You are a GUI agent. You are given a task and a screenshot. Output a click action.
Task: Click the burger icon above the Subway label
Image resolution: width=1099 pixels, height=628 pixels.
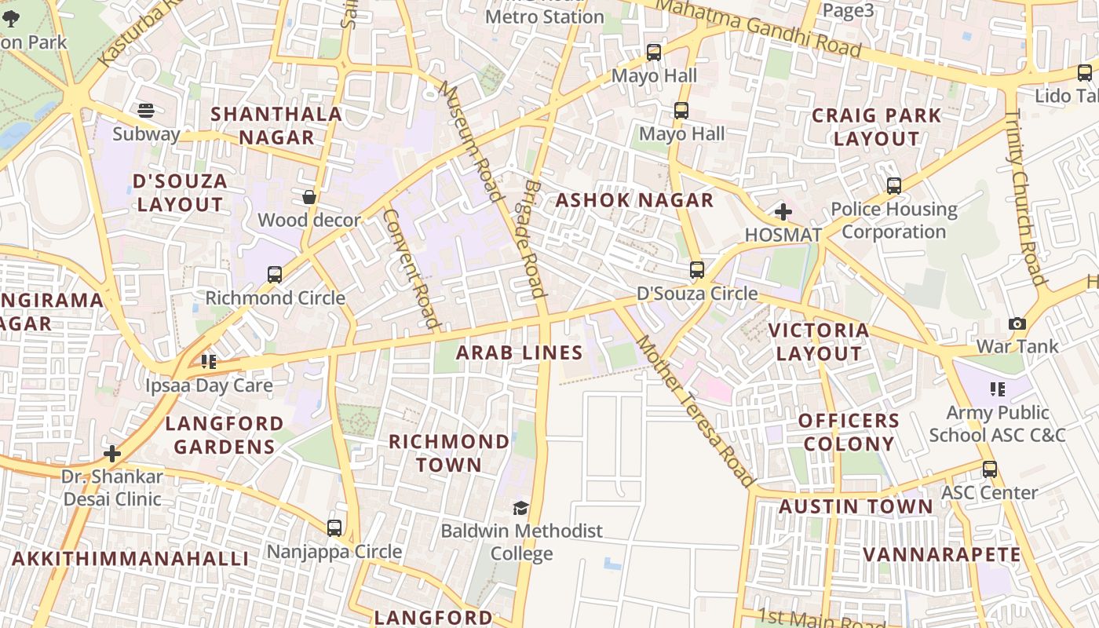coord(146,110)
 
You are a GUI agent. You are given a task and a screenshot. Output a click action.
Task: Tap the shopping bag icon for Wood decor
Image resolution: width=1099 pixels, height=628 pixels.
coord(309,196)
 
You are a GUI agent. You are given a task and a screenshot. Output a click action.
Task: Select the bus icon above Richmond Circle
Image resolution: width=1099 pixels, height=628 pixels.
coord(275,274)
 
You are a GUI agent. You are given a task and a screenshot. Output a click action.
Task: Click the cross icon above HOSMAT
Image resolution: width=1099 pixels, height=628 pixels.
coord(783,211)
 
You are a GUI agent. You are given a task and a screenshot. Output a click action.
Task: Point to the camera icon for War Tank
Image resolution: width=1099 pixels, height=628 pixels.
coord(1017,323)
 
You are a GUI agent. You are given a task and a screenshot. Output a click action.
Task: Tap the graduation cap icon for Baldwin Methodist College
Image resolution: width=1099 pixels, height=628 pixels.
coord(520,508)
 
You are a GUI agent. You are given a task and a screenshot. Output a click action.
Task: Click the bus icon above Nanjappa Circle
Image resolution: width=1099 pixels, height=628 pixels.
coord(334,528)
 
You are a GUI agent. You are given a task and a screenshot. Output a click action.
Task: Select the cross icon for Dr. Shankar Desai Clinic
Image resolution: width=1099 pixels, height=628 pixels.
coord(112,454)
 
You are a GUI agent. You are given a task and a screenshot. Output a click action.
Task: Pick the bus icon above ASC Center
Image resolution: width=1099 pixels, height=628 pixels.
coord(990,469)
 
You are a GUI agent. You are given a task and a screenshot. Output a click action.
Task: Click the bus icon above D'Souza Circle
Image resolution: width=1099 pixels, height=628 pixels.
coord(696,270)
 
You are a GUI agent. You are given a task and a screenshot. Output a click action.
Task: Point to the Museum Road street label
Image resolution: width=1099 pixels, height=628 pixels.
coord(471,141)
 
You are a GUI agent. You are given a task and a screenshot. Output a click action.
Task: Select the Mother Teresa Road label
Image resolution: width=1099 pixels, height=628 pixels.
coord(695,411)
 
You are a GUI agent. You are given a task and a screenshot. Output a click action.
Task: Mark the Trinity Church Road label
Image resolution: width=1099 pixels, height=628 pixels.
coord(1026,196)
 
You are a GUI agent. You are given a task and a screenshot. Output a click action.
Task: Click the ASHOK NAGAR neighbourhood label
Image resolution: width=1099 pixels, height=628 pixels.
coord(634,200)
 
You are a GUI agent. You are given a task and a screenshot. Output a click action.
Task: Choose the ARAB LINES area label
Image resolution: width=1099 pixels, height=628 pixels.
coord(520,352)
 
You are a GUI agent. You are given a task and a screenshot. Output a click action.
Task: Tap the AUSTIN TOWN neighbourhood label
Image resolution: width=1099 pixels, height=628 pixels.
coord(856,506)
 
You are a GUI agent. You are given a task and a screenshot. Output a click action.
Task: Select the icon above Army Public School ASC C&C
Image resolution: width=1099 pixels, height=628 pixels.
coord(997,389)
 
